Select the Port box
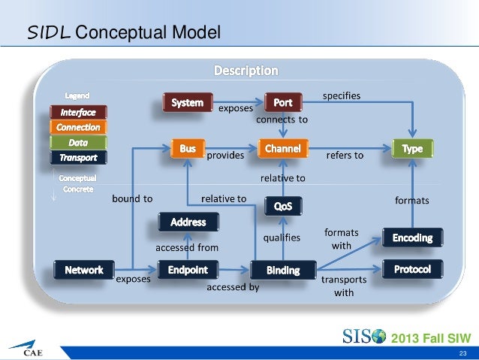283,101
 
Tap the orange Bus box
188,150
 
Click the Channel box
283,150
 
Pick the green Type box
412,150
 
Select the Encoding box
412,237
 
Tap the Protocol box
412,268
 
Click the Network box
84,269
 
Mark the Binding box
283,269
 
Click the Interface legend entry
78,112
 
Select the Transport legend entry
78,157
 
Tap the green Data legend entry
78,142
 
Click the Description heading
246,71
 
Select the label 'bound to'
132,199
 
